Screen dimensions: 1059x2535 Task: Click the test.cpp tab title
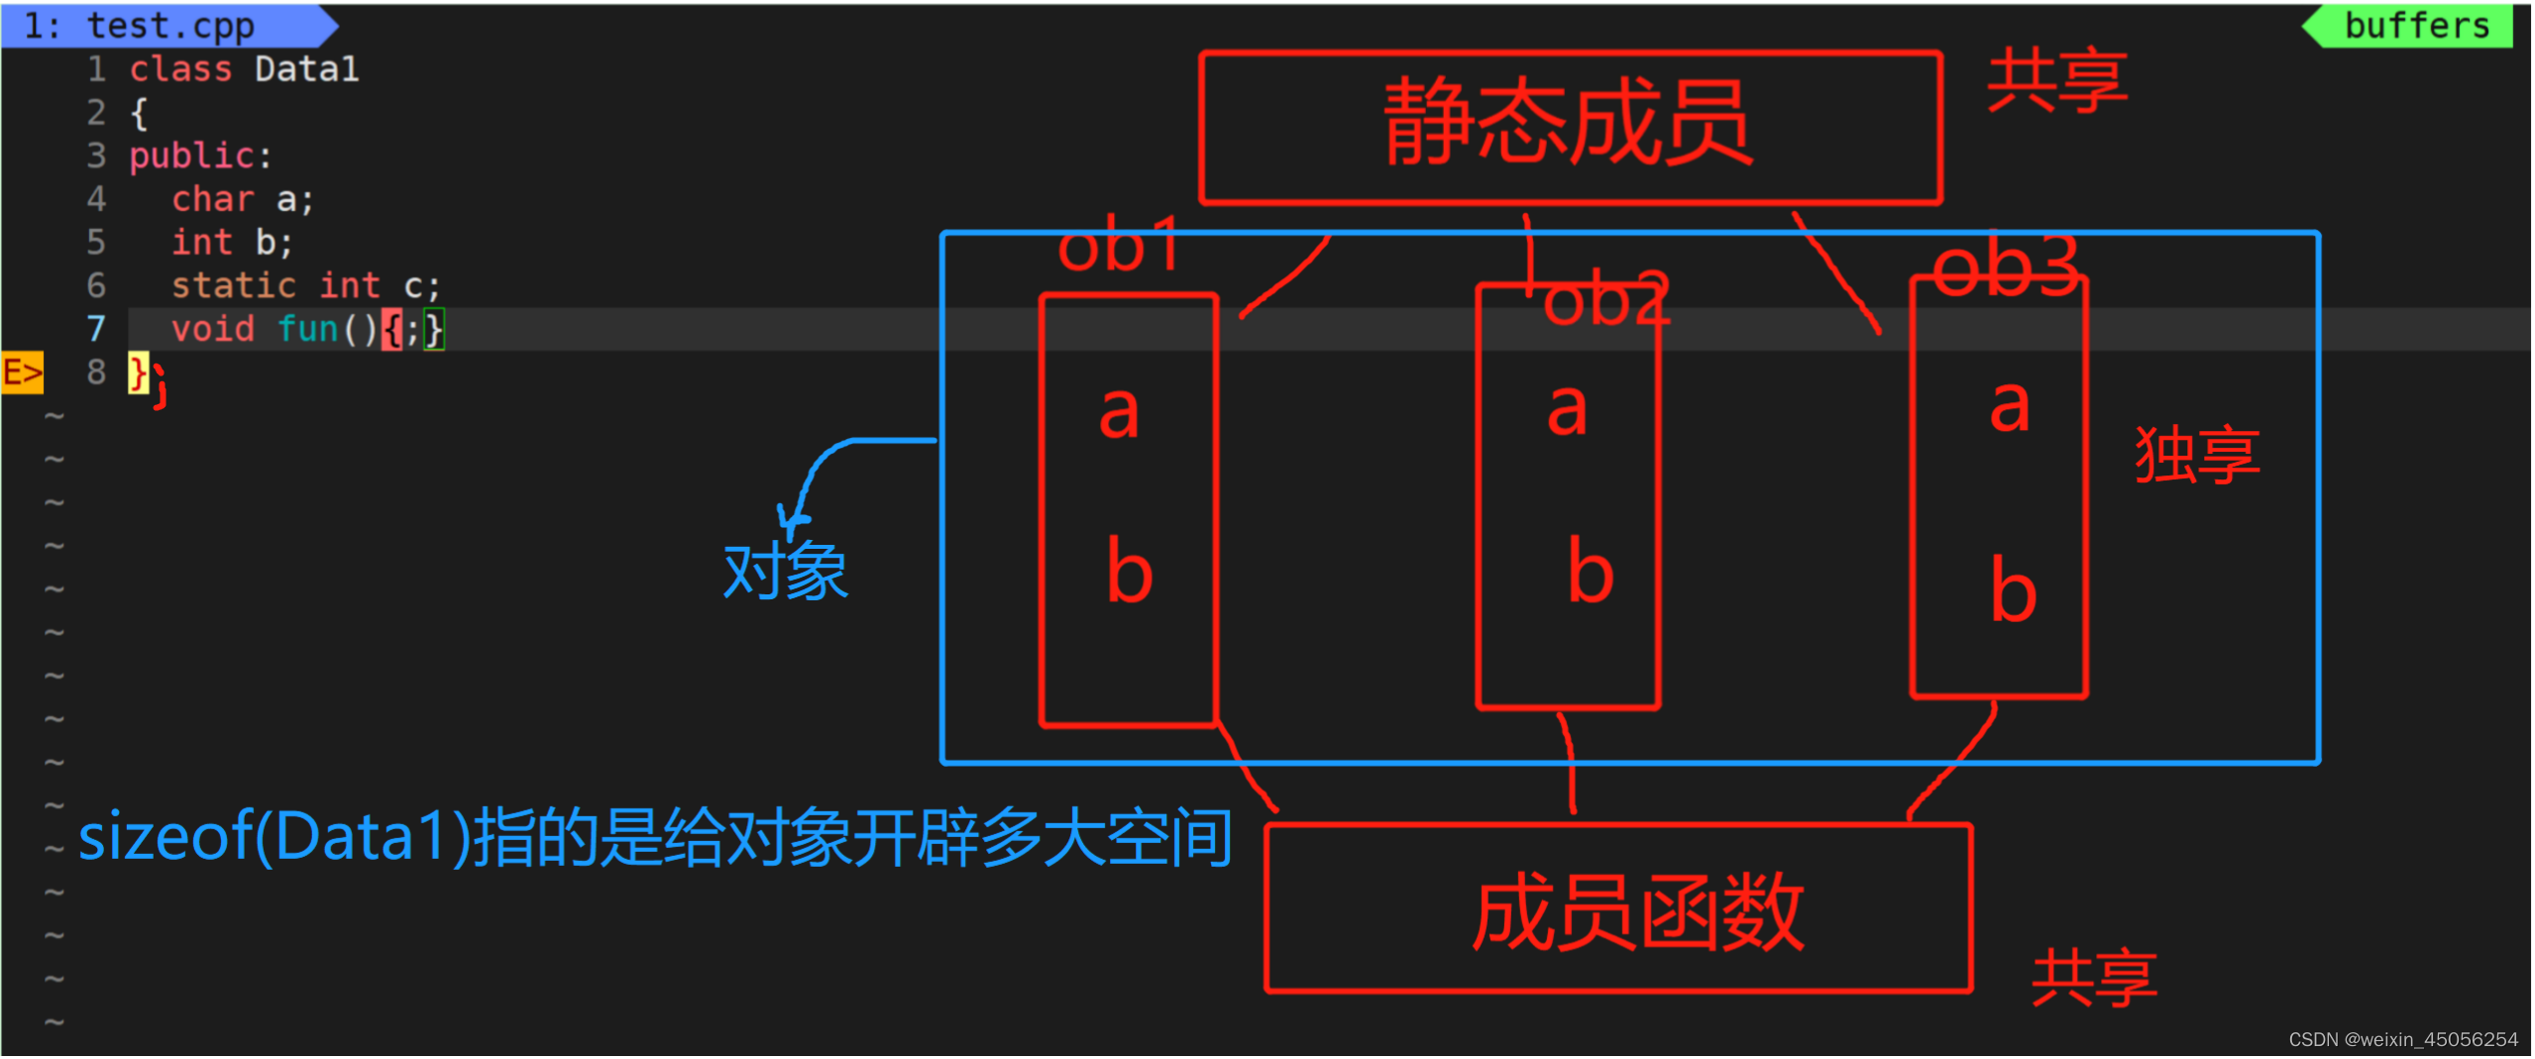[x=169, y=25]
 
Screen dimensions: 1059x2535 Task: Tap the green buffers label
[x=2416, y=25]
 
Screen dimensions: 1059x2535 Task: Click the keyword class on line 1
[x=180, y=69]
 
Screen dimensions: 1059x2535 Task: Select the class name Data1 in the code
[x=306, y=69]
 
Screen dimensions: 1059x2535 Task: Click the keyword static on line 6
[x=234, y=286]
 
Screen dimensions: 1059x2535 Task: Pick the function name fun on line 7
[x=308, y=329]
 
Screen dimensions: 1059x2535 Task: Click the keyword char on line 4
[x=213, y=199]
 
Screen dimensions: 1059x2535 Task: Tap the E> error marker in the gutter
[x=22, y=372]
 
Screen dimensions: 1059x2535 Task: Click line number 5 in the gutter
[x=96, y=243]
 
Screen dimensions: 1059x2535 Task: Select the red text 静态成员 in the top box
[x=1568, y=125]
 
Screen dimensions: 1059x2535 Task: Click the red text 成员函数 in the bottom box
[x=1637, y=912]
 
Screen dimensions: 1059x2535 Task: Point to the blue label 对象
[x=785, y=572]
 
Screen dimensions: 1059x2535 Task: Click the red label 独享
[x=2196, y=456]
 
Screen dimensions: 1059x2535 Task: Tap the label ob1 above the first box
[x=1118, y=246]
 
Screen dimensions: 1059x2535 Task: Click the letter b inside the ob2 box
[x=1591, y=572]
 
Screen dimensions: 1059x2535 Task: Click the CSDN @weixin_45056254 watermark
[x=2402, y=1039]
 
